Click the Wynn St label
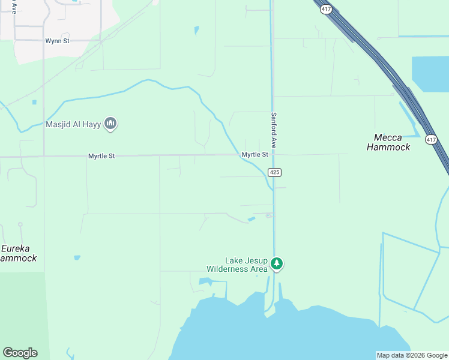[58, 41]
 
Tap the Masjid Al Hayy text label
[73, 125]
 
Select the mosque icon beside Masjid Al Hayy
[110, 124]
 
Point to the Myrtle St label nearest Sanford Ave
[255, 155]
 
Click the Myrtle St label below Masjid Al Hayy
[101, 156]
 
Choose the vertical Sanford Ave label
[274, 130]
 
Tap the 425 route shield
[274, 173]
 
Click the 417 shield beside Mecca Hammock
[430, 140]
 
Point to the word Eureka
[16, 248]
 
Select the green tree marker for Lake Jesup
[277, 263]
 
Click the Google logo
[20, 353]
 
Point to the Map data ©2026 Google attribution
[412, 355]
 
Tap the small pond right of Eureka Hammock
[77, 258]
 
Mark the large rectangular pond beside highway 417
[430, 74]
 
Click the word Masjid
[60, 125]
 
